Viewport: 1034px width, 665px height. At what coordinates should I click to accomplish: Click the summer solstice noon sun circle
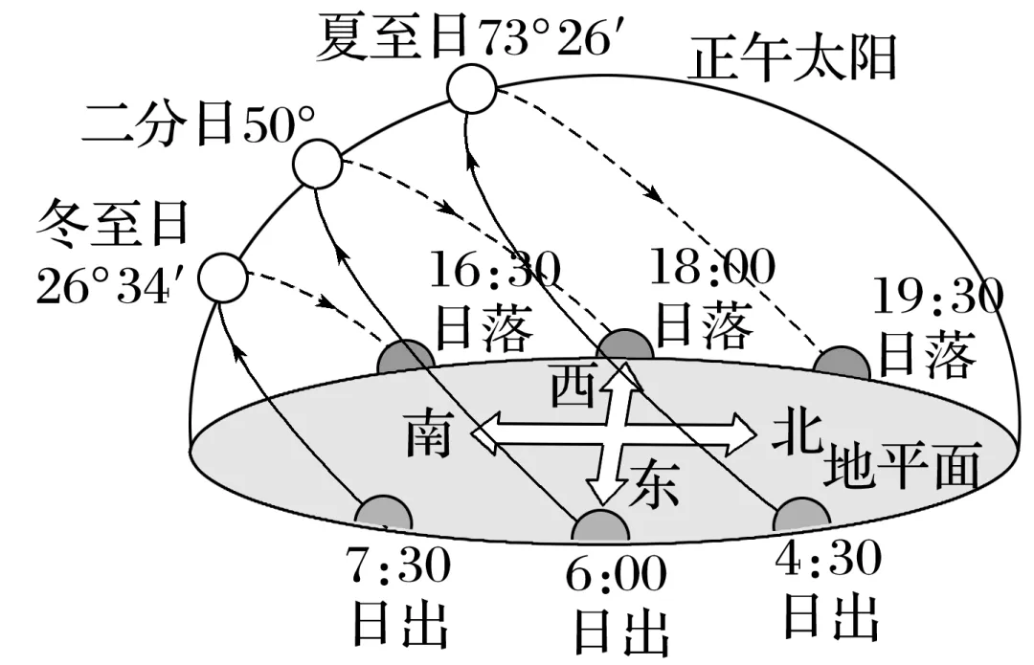[472, 90]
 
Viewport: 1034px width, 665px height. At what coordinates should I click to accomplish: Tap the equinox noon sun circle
[318, 165]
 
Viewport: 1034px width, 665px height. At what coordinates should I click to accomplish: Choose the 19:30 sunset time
[938, 298]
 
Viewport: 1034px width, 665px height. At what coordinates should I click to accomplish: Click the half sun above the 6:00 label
[598, 526]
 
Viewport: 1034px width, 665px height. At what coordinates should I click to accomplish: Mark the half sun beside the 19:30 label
[842, 365]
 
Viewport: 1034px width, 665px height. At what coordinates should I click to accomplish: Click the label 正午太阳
[794, 59]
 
